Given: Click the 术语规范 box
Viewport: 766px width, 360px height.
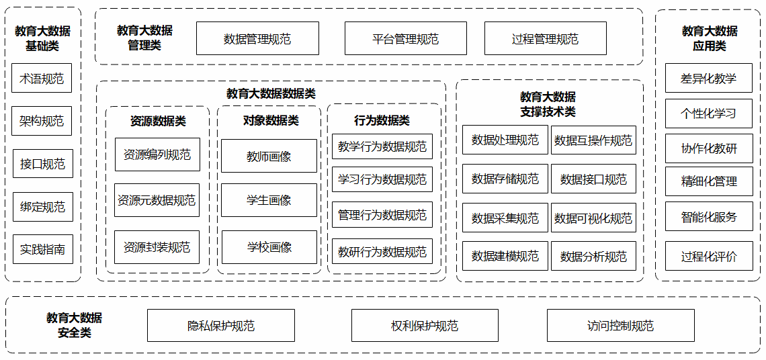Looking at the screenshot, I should [42, 79].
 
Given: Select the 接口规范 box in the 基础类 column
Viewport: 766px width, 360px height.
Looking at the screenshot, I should [42, 164].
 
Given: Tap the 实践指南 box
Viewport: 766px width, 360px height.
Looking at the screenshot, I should [42, 249].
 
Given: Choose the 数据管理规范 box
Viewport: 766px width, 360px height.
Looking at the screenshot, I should [257, 39].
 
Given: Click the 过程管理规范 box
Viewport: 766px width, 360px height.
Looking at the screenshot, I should [545, 39].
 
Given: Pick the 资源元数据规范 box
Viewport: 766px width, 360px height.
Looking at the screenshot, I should [157, 200].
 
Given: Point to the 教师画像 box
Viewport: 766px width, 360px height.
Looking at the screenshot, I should [269, 156].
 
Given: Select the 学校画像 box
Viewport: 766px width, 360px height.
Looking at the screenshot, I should [269, 247].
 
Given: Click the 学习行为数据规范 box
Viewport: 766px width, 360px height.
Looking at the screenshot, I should [382, 179].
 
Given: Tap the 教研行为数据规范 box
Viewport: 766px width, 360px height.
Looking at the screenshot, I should [382, 252].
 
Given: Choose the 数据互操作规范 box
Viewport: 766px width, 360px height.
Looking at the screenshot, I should [593, 140].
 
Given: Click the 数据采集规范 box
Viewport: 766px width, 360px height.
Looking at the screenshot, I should [505, 218].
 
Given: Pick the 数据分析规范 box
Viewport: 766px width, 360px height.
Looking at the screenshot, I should [593, 256].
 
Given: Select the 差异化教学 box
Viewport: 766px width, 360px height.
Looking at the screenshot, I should [708, 79].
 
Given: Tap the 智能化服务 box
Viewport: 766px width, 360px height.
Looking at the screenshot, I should [708, 217].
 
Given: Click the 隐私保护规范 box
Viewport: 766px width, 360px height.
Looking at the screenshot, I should [221, 326].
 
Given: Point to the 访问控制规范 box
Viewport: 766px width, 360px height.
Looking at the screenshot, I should [620, 326].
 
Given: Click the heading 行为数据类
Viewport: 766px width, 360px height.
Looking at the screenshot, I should [382, 121].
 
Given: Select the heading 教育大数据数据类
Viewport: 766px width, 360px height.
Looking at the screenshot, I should [271, 94].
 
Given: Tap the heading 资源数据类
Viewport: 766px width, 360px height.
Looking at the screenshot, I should [158, 122].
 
